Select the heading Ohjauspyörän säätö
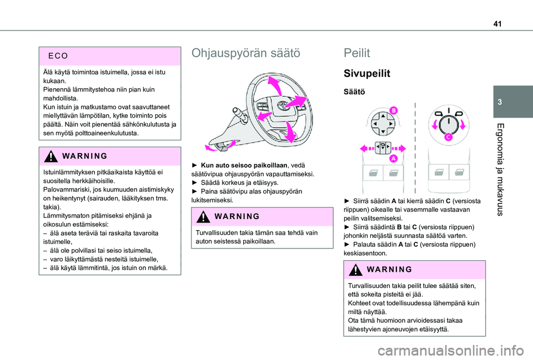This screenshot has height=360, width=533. [245, 54]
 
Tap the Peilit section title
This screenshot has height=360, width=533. [357, 54]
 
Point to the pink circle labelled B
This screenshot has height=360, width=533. [394, 110]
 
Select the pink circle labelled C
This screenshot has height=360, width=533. [447, 136]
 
